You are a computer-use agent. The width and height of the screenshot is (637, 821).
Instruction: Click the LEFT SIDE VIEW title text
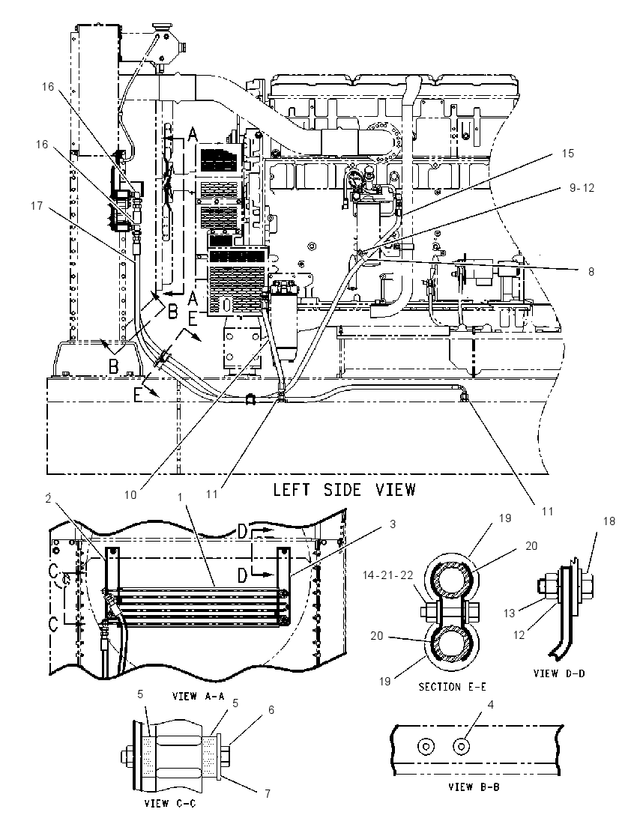344,490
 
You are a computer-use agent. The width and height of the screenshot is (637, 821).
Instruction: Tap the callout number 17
36,206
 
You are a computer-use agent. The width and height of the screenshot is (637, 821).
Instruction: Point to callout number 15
568,154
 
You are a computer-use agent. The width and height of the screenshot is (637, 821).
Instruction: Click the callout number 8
591,272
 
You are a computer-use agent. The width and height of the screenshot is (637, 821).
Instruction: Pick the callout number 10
130,494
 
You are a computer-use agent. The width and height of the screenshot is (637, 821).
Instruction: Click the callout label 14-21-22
388,575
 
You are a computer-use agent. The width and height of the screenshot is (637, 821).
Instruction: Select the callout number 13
509,614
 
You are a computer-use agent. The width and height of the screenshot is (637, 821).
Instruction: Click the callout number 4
490,704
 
